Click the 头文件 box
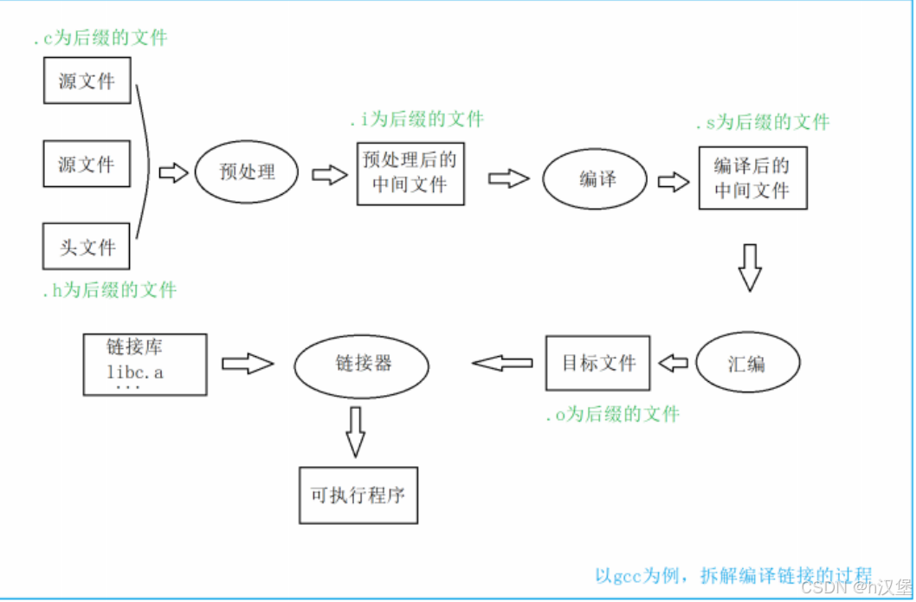tap(87, 246)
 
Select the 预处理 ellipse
tap(247, 172)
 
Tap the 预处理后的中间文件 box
tap(410, 173)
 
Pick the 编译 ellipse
tap(596, 179)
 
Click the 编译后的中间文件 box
tap(752, 178)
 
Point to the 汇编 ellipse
tap(746, 364)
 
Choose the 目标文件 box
tap(598, 363)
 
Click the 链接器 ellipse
tap(362, 364)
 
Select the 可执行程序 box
tap(358, 495)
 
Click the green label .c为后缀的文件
tap(100, 38)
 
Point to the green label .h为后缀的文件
tap(109, 290)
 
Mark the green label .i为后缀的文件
tap(416, 119)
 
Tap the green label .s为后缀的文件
tap(762, 123)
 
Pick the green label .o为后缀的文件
tap(612, 415)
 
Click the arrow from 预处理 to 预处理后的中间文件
tap(329, 175)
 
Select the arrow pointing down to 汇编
tap(750, 268)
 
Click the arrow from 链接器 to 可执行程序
tap(354, 430)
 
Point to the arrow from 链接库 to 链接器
tap(248, 363)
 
